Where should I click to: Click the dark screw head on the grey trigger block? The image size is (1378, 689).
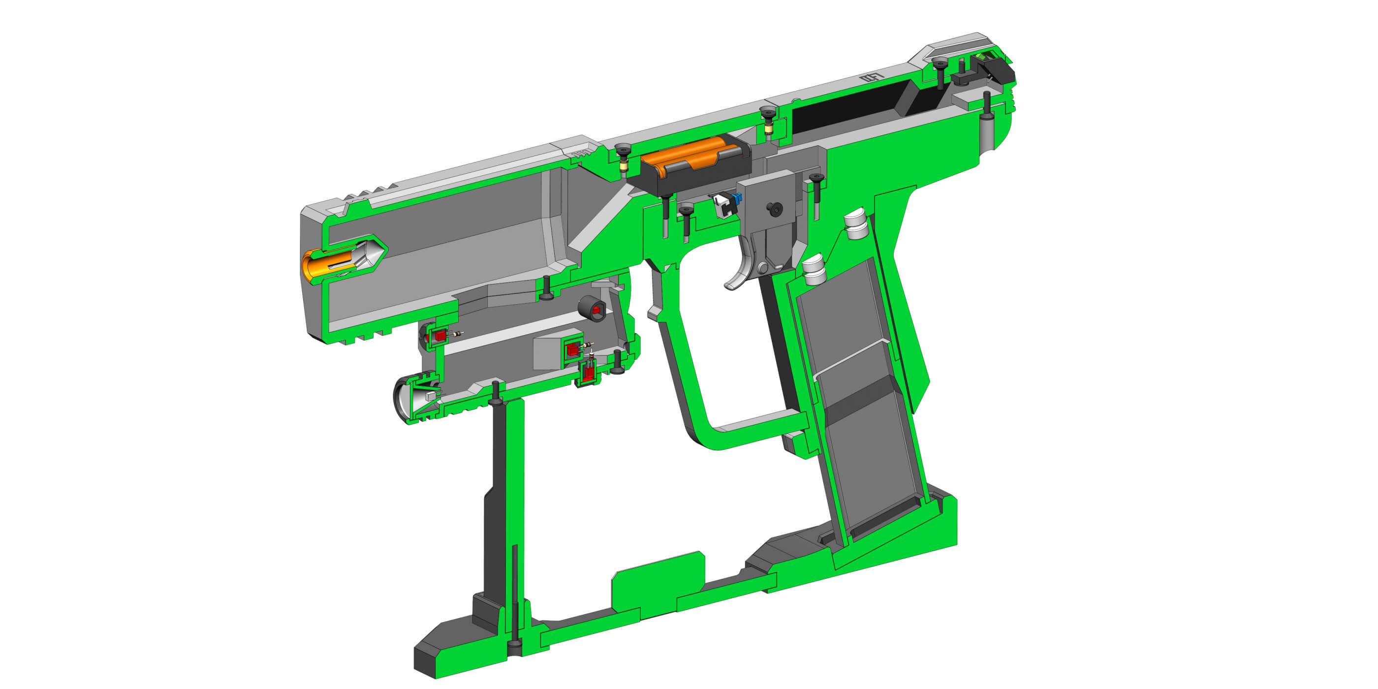(x=775, y=209)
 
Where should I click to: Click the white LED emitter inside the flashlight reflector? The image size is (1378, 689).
(x=431, y=396)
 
